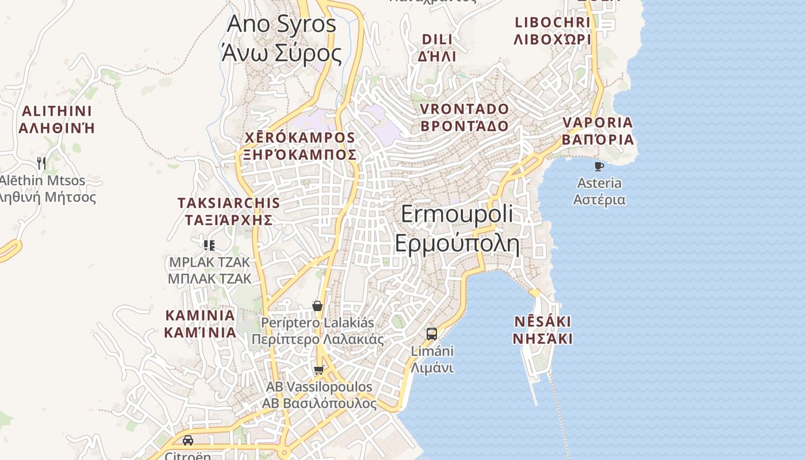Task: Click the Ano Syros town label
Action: pos(281,39)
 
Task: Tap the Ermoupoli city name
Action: pos(457,229)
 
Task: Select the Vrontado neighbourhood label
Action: pos(465,117)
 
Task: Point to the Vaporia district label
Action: pos(598,131)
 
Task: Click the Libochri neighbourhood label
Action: pos(552,30)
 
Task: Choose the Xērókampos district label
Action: pos(300,146)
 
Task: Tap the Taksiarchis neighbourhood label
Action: pos(229,211)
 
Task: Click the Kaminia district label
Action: pos(200,324)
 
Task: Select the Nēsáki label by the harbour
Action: pos(542,329)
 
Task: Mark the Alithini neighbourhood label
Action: pos(56,119)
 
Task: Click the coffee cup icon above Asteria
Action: pos(599,167)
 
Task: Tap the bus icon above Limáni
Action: pos(432,333)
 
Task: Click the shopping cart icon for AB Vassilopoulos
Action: pos(319,370)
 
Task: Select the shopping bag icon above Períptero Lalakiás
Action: pos(317,305)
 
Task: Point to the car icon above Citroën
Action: pos(188,440)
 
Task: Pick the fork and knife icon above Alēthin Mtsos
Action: pos(41,163)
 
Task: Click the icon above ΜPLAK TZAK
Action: pos(209,246)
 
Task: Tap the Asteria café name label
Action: pos(599,191)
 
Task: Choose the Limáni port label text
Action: pos(432,359)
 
